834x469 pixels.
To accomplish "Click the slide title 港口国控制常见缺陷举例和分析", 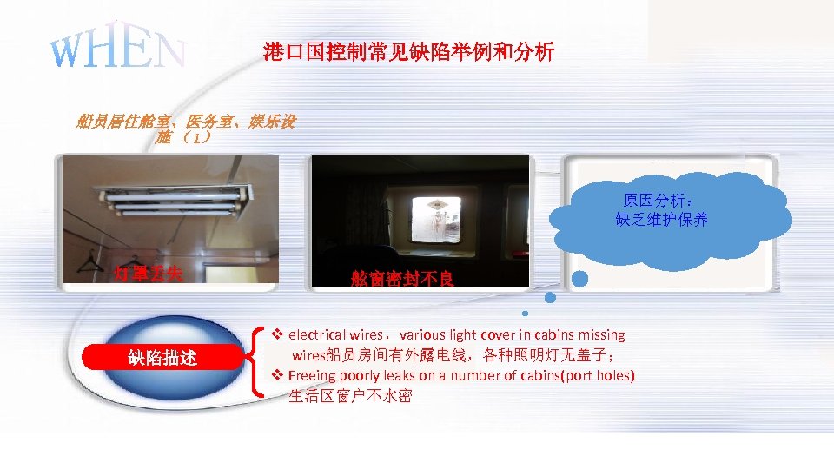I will [408, 53].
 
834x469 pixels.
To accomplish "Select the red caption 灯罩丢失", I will [149, 274].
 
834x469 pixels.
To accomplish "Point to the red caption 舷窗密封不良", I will [402, 279].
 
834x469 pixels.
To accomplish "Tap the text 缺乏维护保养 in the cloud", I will [662, 220].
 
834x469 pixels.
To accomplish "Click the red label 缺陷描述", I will [162, 357].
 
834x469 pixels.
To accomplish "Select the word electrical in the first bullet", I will [316, 335].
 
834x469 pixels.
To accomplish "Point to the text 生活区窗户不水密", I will [350, 397].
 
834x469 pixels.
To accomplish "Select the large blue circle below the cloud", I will [580, 280].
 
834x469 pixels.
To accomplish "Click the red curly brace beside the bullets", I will [258, 360].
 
